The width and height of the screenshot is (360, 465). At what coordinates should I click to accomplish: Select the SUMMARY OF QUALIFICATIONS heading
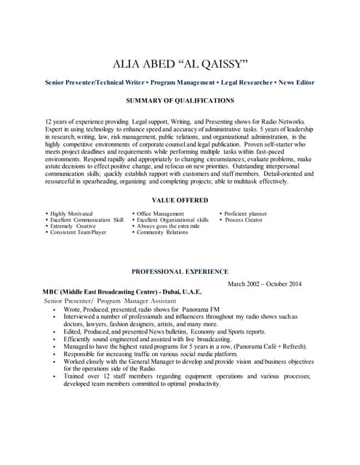pyautogui.click(x=180, y=100)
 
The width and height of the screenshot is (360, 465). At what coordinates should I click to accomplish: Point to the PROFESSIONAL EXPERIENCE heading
pyautogui.click(x=180, y=271)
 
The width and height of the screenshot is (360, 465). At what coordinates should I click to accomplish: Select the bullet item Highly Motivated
pyautogui.click(x=71, y=214)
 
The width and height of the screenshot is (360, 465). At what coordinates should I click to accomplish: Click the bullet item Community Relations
pyautogui.click(x=162, y=232)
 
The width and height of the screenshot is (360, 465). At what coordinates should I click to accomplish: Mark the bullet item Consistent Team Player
pyautogui.click(x=79, y=232)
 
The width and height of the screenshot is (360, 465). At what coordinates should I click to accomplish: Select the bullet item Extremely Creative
pyautogui.click(x=73, y=226)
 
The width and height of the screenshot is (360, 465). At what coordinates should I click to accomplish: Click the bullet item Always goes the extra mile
pyautogui.click(x=168, y=226)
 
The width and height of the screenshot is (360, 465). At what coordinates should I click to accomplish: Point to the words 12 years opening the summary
pyautogui.click(x=58, y=121)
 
